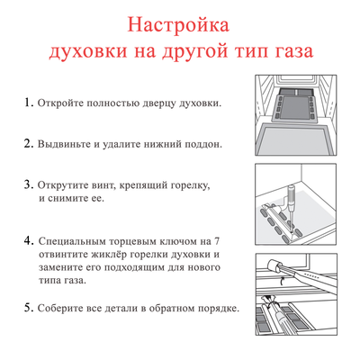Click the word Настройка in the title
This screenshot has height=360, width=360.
pos(179,22)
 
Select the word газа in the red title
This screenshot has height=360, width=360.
pos(287,50)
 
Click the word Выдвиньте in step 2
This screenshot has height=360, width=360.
pos(66,144)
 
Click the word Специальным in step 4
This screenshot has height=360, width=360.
pos(78,242)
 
